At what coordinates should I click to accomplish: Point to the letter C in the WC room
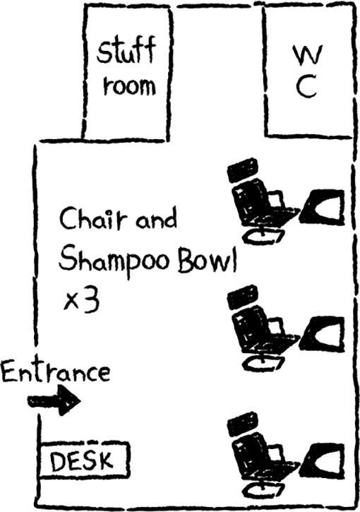(x=307, y=87)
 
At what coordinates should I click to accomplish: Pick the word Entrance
(x=56, y=371)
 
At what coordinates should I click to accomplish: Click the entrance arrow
(x=54, y=400)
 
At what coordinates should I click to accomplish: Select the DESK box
(x=84, y=460)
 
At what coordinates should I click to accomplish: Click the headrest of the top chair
(x=243, y=169)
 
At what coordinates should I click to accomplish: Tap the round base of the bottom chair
(x=264, y=489)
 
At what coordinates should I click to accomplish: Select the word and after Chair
(x=157, y=220)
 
